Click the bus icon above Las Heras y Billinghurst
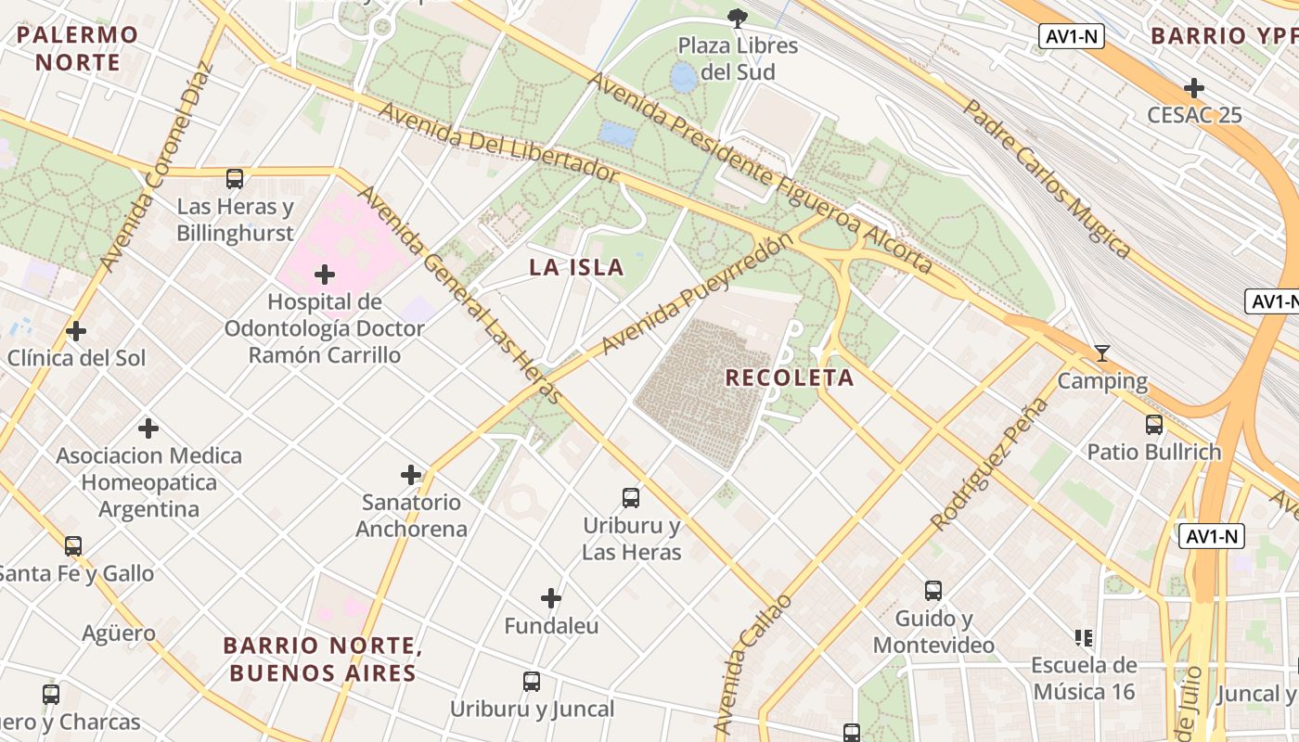235,179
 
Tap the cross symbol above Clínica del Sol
76,331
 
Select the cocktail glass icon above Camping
1102,353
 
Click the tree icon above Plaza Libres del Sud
738,18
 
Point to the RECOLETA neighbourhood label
790,377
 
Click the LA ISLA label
576,268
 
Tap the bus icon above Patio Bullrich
1154,425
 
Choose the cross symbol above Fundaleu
551,598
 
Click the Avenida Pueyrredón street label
698,294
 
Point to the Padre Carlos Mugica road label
1047,176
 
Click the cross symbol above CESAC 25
1194,89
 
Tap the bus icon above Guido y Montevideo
933,591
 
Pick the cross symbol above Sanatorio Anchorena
411,476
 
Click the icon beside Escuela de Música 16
1084,638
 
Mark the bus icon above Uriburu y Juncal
532,682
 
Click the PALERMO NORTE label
78,49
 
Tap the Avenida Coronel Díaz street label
157,167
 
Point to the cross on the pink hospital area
325,275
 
